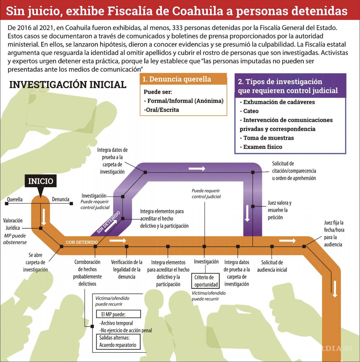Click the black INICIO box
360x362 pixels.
coord(40,181)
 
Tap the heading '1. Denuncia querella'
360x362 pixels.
coord(176,79)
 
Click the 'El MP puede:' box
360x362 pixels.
coord(118,314)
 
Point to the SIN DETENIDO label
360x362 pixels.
coord(108,222)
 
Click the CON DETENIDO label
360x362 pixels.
coord(82,242)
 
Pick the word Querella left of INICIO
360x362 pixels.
coord(15,199)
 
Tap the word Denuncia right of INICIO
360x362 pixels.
coord(61,199)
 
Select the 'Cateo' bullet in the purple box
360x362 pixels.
coord(251,111)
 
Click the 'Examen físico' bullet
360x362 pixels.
coord(262,147)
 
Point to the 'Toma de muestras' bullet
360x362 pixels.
coord(268,138)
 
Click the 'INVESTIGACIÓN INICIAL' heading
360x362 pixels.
coord(68,85)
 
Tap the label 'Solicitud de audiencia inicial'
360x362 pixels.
coord(272,266)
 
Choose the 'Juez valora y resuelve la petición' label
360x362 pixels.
coord(279,210)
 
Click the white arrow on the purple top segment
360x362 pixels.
coord(196,169)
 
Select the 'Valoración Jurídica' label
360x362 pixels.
coord(13,224)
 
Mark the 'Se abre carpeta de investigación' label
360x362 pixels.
coord(35,262)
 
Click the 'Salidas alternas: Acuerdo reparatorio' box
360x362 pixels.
coord(118,342)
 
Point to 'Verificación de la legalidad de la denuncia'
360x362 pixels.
coord(127,269)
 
